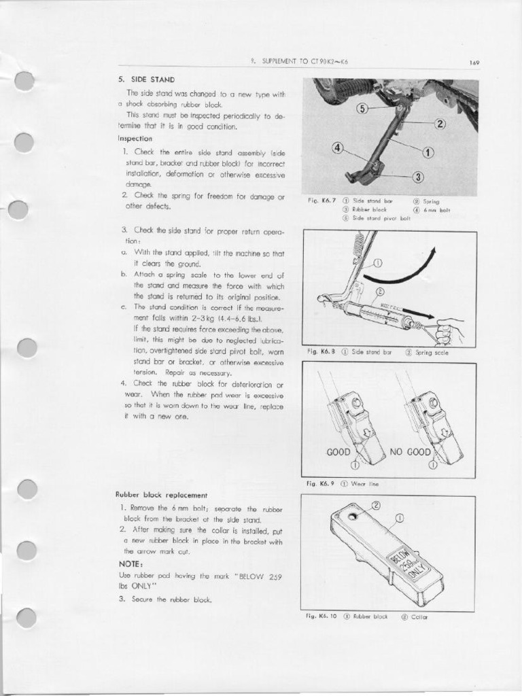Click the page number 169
click(x=474, y=63)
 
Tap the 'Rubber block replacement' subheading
click(x=161, y=495)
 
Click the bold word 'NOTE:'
click(x=130, y=565)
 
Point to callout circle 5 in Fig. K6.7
click(x=362, y=109)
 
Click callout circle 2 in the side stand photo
click(x=440, y=124)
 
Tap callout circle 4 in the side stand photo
click(x=337, y=149)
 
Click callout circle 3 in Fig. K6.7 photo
click(x=418, y=177)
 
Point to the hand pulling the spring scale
click(x=449, y=332)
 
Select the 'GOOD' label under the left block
click(x=338, y=452)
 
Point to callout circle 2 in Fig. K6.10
click(x=376, y=505)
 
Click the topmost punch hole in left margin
click(x=25, y=81)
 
